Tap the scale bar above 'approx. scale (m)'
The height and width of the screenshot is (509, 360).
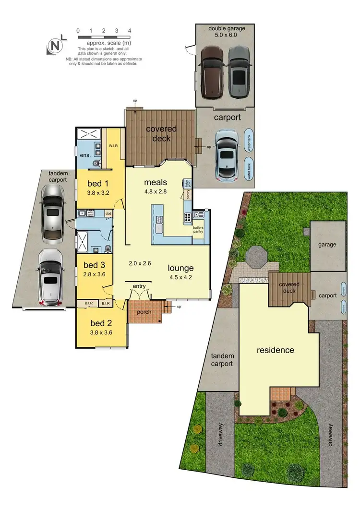click(x=104, y=36)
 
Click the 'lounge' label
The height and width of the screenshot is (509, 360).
click(x=180, y=268)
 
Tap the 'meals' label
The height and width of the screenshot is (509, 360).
click(x=155, y=182)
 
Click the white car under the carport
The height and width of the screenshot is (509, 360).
click(x=226, y=154)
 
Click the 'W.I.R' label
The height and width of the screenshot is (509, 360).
click(x=113, y=146)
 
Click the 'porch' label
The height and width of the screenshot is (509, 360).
click(x=144, y=312)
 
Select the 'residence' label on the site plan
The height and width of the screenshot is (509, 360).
click(x=275, y=350)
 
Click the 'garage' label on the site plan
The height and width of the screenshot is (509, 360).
click(x=327, y=244)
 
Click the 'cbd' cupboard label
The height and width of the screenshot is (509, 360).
click(x=108, y=213)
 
